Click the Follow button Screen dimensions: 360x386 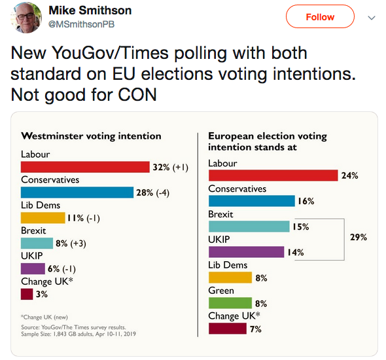click(x=320, y=18)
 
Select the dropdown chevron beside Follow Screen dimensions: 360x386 click(x=372, y=18)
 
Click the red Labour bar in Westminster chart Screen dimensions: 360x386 click(x=85, y=167)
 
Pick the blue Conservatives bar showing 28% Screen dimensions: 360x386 click(x=77, y=192)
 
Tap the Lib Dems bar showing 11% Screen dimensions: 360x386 click(x=43, y=218)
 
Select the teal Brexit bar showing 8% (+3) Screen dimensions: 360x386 click(x=37, y=243)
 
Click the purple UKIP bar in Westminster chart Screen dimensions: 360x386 click(x=33, y=268)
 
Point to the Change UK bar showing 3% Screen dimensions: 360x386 click(x=27, y=294)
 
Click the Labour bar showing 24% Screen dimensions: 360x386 click(x=273, y=175)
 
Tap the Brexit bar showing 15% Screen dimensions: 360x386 click(x=249, y=226)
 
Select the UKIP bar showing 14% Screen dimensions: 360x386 click(x=246, y=252)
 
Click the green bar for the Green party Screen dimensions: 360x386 click(x=230, y=303)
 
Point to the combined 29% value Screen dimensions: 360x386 click(x=359, y=237)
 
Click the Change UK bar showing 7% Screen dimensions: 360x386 click(x=227, y=329)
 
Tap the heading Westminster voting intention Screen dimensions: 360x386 click(x=91, y=136)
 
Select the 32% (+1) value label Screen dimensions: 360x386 click(x=170, y=168)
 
